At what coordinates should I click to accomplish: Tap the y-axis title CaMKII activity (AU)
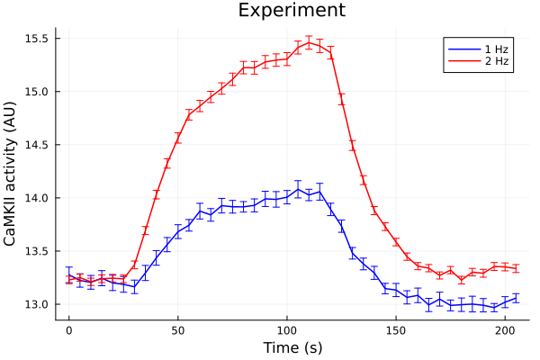coord(12,173)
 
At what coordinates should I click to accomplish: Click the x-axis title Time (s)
coord(292,347)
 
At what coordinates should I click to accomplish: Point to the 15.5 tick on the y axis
coord(36,39)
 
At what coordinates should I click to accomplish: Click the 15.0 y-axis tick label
coord(36,92)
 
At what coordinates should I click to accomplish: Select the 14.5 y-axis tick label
coord(36,145)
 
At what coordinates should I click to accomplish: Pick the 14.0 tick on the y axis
coord(36,198)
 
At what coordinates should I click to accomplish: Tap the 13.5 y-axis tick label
coord(36,251)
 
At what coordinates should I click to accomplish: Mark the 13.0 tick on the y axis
coord(36,304)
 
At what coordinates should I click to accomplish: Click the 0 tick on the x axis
coord(68,329)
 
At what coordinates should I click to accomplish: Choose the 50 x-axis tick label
coord(177,329)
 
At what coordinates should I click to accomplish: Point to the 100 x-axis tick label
coord(287,329)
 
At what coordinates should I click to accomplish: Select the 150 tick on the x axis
coord(396,329)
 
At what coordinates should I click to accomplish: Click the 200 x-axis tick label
coord(505,329)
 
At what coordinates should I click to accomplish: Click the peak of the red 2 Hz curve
coord(309,42)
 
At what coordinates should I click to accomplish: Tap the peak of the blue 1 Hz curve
coord(298,189)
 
